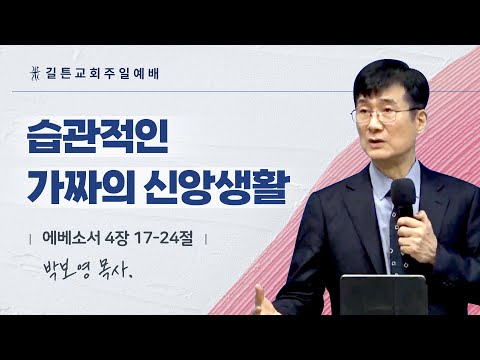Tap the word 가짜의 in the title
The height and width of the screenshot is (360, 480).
(75, 187)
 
